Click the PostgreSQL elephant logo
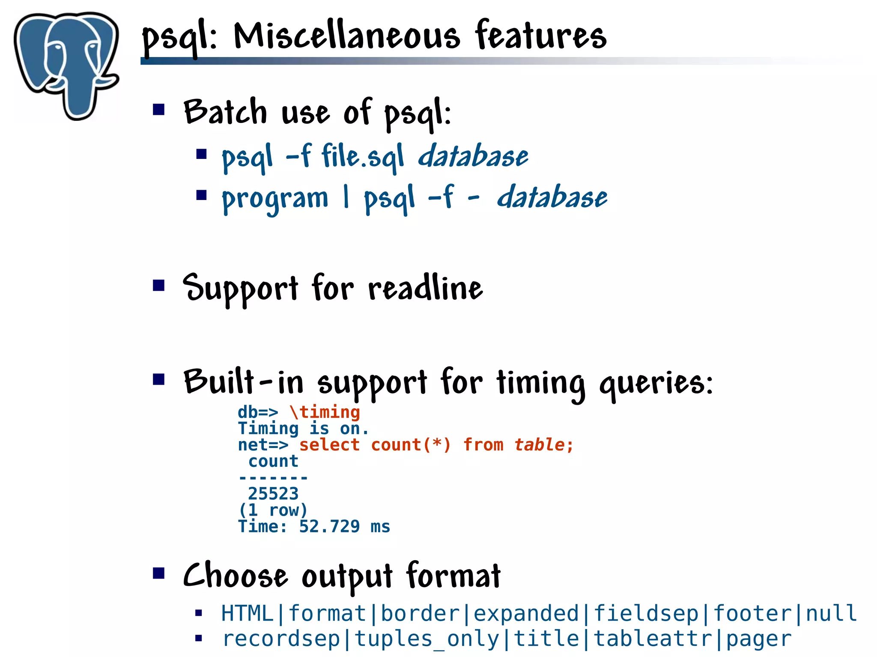coord(66,64)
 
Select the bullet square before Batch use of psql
coord(159,110)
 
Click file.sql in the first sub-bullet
coord(362,156)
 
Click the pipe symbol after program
coord(346,198)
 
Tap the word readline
coord(425,288)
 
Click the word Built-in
coord(243,381)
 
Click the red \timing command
coord(325,412)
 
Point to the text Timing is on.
coord(303,428)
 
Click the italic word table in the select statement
coord(540,445)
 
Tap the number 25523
coord(273,493)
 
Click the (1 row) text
coord(273,510)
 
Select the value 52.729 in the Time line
coord(329,526)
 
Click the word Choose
coord(235,576)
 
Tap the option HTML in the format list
coord(247,613)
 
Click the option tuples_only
coord(427,639)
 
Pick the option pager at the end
coord(759,639)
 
